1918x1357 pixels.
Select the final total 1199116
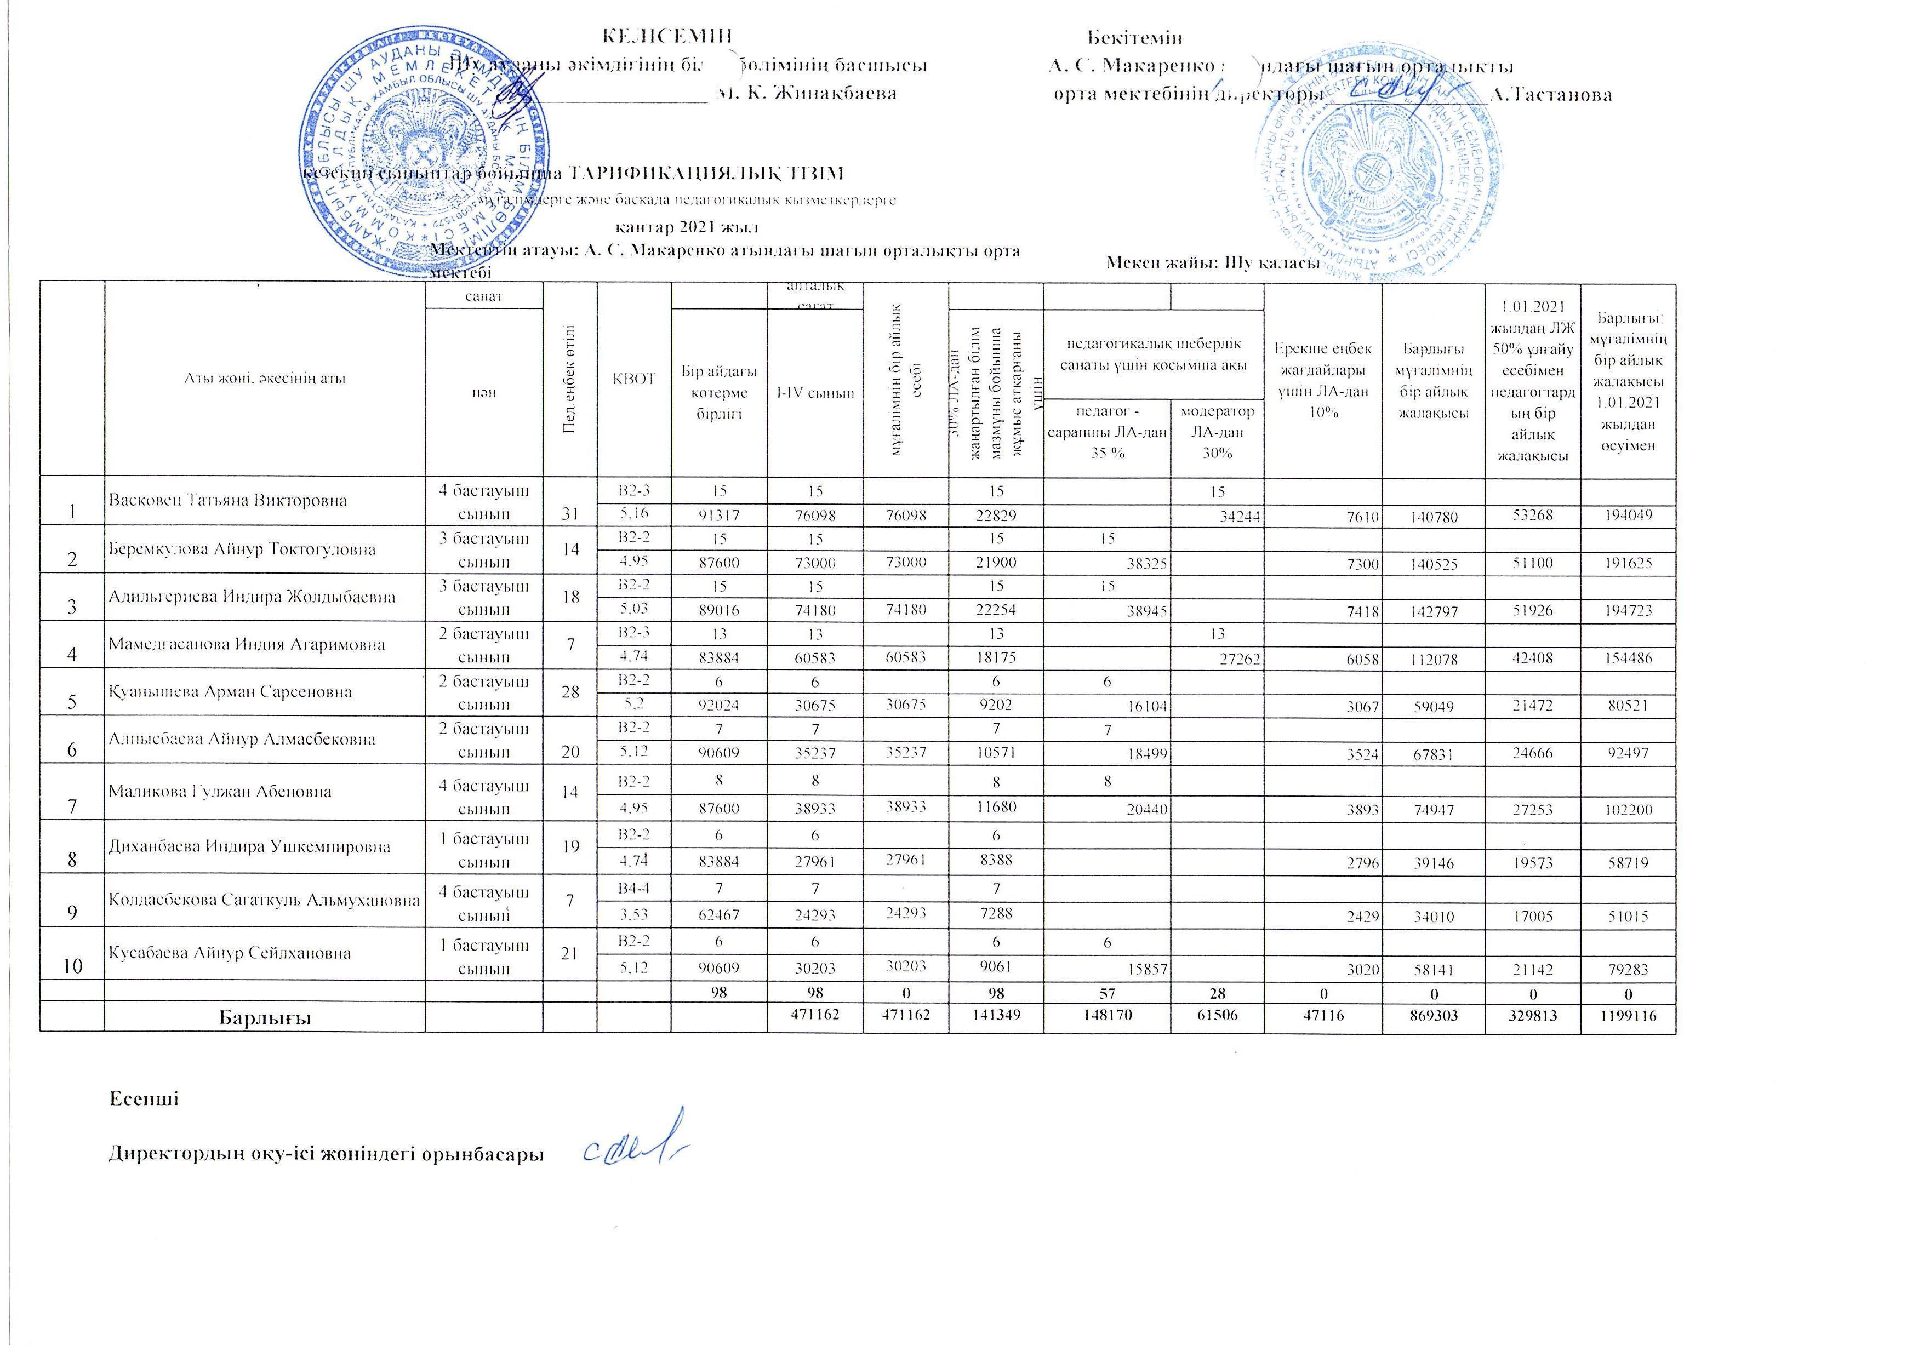click(x=1628, y=1017)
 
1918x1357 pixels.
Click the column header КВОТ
click(x=633, y=379)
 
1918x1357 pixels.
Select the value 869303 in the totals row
click(x=1433, y=1017)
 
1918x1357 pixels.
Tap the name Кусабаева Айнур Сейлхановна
click(x=230, y=953)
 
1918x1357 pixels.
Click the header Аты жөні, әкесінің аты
click(x=265, y=379)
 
